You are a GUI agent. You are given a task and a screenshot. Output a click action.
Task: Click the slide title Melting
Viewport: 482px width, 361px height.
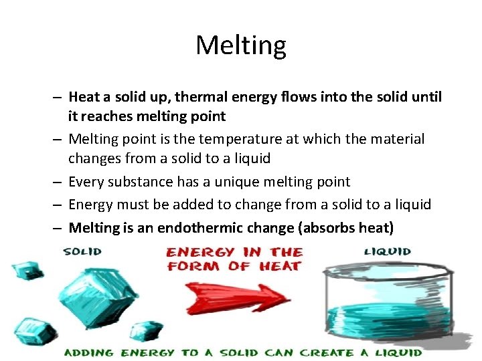tap(241, 45)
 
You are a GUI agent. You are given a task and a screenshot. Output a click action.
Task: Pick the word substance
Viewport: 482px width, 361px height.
tap(141, 182)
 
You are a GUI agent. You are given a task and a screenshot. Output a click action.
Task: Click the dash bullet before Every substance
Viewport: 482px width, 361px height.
tap(59, 182)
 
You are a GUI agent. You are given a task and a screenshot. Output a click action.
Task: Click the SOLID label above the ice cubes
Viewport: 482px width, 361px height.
tap(82, 251)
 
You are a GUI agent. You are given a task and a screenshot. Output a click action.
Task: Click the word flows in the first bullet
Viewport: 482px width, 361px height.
tap(284, 97)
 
